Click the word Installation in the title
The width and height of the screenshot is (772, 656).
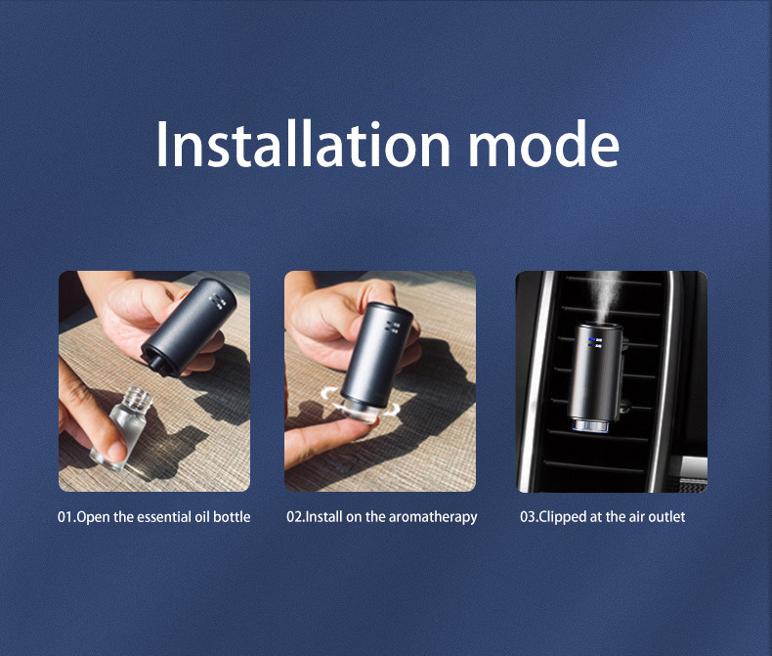tap(303, 144)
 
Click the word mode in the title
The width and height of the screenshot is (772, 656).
tap(544, 144)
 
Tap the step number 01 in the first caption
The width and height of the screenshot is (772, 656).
tap(65, 517)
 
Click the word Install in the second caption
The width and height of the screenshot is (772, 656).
tap(324, 516)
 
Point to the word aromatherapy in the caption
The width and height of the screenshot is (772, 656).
tap(433, 517)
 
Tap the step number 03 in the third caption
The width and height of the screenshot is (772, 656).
tap(528, 517)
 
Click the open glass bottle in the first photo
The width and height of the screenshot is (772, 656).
tap(122, 426)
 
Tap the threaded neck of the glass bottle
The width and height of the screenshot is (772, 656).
tap(136, 398)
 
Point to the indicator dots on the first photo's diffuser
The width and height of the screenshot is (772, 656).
tap(217, 301)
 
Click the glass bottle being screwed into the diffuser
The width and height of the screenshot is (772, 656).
tap(361, 412)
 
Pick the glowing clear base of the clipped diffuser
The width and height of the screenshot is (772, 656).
tap(590, 426)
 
